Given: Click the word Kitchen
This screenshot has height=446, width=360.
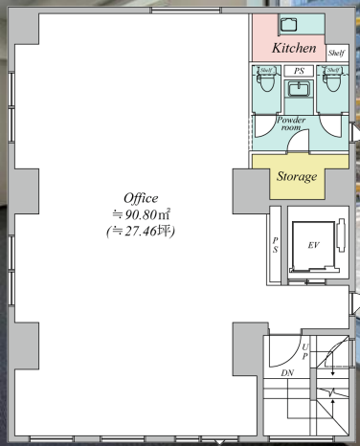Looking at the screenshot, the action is [294, 48].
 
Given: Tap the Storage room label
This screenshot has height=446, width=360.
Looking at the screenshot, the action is [297, 176].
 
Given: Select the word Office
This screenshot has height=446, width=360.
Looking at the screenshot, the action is [141, 198].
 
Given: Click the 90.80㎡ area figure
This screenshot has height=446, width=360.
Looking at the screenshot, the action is [141, 214].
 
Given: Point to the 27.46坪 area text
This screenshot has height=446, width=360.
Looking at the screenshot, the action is [141, 232].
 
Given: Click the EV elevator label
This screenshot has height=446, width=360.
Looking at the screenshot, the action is [313, 245].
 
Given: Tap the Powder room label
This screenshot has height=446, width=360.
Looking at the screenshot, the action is [291, 123].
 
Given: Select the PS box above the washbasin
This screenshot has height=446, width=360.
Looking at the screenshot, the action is [299, 71].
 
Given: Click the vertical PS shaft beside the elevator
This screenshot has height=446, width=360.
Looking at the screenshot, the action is [276, 245].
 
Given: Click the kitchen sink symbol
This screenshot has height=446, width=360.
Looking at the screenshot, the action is [288, 25].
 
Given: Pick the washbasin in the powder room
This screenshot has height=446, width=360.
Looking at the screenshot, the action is [299, 88].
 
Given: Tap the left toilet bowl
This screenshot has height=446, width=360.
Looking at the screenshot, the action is [266, 82].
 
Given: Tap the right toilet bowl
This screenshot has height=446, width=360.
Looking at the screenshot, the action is [332, 82].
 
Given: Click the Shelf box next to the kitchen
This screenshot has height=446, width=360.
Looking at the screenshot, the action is [337, 53].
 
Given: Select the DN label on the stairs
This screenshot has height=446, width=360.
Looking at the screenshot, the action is [287, 372].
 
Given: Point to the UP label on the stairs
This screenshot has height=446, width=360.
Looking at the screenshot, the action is [305, 351].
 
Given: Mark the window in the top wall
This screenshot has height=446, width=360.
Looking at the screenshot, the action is [187, 11].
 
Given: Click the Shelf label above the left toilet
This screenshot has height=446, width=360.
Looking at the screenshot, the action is [266, 70].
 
